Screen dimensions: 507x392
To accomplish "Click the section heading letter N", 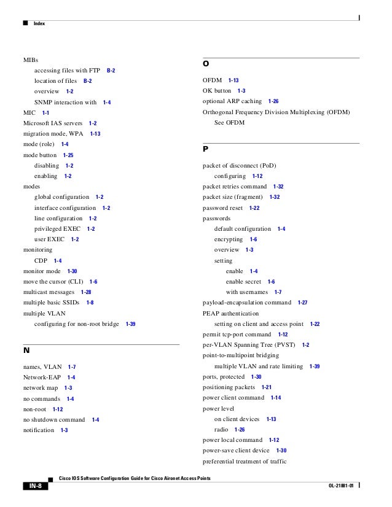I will [x=26, y=352].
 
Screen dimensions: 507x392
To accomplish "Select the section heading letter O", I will [x=206, y=64].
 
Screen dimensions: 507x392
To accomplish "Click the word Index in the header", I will [x=39, y=23].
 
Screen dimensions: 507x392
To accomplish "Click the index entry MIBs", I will [x=31, y=61].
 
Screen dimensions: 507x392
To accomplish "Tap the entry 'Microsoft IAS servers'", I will [x=52, y=123].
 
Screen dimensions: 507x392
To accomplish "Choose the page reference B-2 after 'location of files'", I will [x=88, y=81].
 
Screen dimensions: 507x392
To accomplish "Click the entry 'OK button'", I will [x=217, y=91].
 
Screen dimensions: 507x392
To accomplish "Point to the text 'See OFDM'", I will [x=229, y=123].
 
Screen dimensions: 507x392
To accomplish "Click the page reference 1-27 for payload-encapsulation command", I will [x=302, y=303].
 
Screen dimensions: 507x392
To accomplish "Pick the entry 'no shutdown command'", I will [x=54, y=420].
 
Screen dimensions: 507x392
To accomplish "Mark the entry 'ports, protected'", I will [x=223, y=377].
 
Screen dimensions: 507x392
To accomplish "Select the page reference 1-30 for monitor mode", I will [x=73, y=271].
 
